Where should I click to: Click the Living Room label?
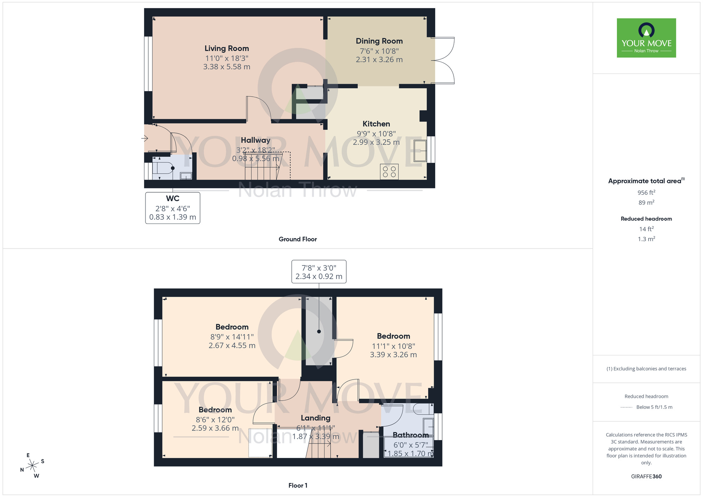[x=226, y=49]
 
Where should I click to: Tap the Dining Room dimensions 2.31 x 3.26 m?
[x=379, y=60]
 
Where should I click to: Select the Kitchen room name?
[x=376, y=124]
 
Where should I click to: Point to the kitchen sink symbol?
[x=420, y=151]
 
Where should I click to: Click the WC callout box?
[x=173, y=208]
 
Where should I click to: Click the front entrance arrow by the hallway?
[x=144, y=138]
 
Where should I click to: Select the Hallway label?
[x=256, y=140]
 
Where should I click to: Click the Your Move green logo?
[x=646, y=38]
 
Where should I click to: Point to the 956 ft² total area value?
[x=646, y=193]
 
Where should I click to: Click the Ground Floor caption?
[x=297, y=239]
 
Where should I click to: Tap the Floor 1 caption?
[x=298, y=485]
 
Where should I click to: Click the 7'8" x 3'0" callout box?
[x=319, y=272]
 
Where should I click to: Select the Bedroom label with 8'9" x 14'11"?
[x=232, y=327]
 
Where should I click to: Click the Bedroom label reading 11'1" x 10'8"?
[x=393, y=336]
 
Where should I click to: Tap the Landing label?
[x=315, y=418]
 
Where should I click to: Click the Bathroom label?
[x=410, y=435]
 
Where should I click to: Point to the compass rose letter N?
[x=22, y=470]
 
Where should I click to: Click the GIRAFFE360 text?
[x=646, y=477]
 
